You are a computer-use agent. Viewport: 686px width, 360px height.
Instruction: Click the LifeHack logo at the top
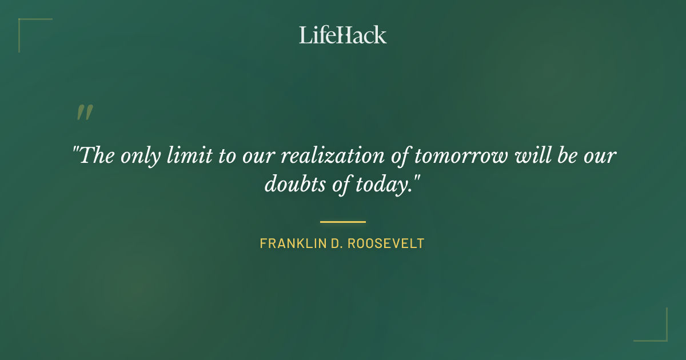(x=343, y=35)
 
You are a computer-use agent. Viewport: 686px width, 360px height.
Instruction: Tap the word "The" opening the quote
(x=97, y=155)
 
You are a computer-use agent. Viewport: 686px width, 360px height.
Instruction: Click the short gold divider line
(x=343, y=222)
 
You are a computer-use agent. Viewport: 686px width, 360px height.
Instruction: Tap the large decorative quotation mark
(x=85, y=113)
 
